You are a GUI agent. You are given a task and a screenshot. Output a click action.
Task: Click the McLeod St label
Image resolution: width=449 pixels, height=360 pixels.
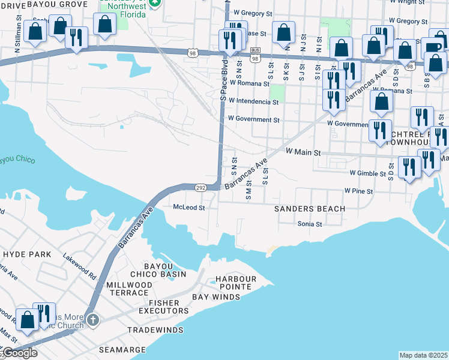click(x=189, y=208)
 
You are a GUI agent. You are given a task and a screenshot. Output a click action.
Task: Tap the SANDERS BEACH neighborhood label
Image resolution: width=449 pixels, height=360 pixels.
click(x=309, y=209)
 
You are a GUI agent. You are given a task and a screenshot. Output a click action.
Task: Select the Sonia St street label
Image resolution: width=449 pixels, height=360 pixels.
click(x=310, y=224)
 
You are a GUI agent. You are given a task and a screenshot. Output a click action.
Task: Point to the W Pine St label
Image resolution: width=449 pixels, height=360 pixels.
click(x=358, y=191)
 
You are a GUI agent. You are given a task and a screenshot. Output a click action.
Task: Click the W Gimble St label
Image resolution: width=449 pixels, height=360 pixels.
click(x=368, y=173)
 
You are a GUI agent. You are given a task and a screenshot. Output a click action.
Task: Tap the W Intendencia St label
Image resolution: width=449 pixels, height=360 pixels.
click(x=253, y=102)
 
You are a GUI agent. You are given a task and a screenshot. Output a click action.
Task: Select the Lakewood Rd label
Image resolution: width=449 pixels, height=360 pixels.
click(x=80, y=265)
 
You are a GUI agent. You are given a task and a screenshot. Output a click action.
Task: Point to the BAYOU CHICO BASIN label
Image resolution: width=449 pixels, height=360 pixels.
click(x=158, y=270)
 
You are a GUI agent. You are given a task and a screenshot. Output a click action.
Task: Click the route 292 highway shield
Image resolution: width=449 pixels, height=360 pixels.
click(x=200, y=188)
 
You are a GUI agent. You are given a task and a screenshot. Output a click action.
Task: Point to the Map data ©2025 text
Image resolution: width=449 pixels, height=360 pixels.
click(x=423, y=355)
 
